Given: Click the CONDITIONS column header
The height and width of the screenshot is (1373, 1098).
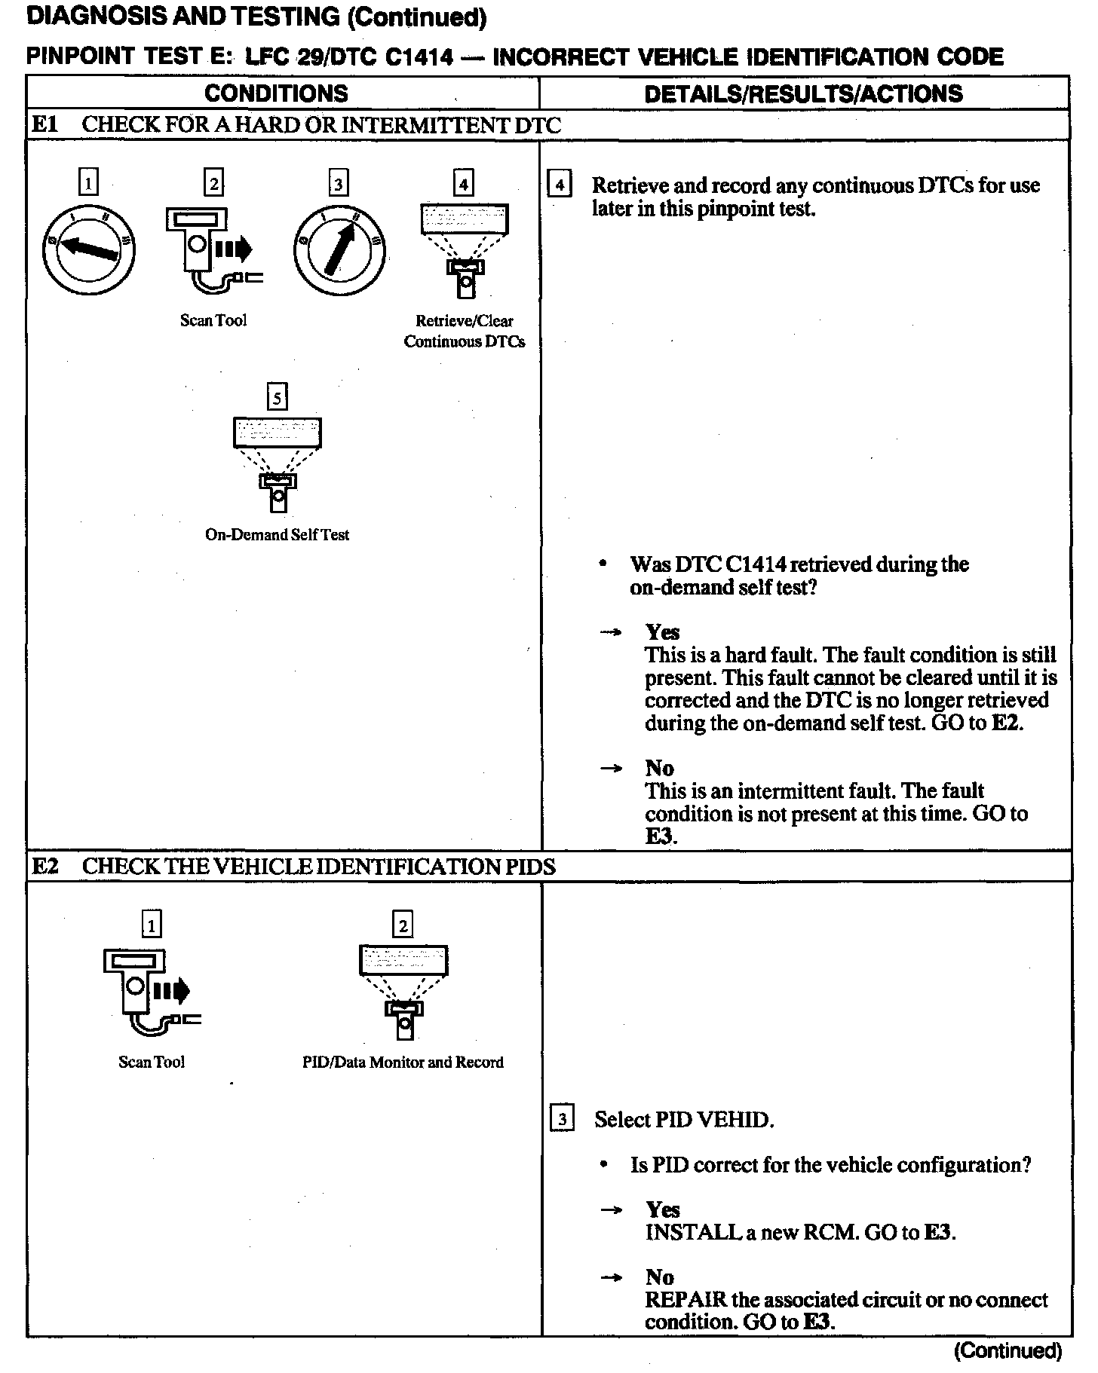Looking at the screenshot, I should coord(276,93).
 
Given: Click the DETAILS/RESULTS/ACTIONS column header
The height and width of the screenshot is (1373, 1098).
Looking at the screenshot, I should coord(803,93).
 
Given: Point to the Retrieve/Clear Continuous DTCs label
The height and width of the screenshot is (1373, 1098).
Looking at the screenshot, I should coord(464,331).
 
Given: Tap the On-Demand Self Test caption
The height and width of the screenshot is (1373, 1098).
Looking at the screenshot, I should coord(277,534).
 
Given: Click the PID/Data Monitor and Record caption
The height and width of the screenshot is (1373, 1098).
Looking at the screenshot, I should coord(403,1062).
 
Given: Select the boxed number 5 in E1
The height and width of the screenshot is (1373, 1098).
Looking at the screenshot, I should coord(278,396).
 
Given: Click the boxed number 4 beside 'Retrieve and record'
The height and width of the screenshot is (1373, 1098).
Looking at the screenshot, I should coord(559,185).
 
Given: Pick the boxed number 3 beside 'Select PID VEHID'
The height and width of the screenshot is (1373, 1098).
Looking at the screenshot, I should coord(562,1119).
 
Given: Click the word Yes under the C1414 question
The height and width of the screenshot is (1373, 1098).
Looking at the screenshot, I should coord(662,632).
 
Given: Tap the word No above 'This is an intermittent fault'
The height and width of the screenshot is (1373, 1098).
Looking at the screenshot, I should coord(659,768).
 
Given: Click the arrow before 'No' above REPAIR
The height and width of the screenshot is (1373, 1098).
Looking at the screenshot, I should coord(612,1277).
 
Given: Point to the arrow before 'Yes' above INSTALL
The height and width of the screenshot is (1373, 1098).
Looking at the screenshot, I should coord(612,1209).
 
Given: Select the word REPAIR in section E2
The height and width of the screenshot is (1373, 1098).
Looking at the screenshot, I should coord(685,1300).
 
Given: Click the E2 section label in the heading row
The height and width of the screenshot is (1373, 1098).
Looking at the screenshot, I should coord(44,867).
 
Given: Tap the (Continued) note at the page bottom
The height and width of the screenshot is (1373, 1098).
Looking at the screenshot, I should coord(1008,1351).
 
